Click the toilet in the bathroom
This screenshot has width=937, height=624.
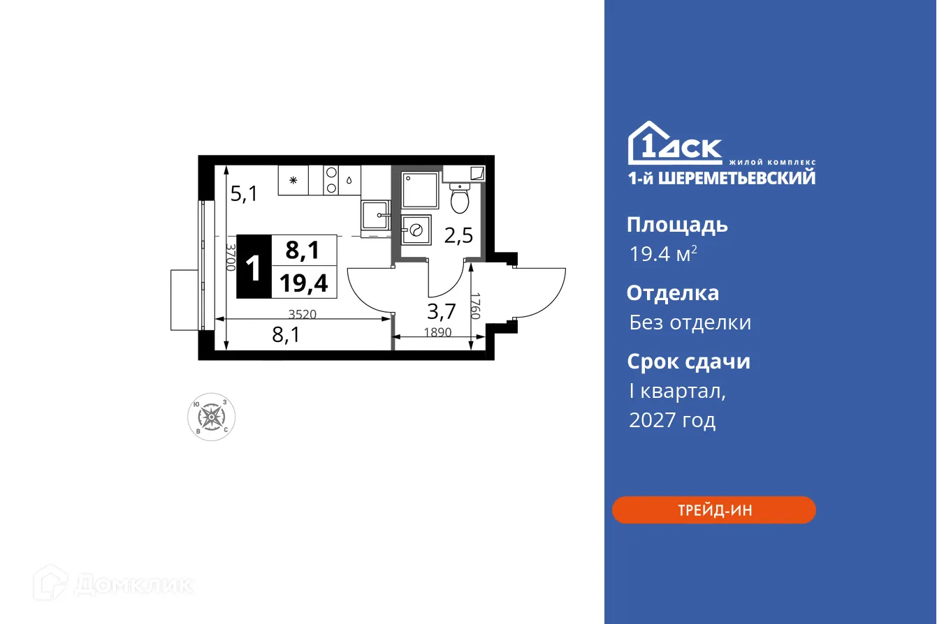pos(459,200)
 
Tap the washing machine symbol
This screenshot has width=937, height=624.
pos(416,229)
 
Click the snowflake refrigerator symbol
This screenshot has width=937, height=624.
pos(293,180)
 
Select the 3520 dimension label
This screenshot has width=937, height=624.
pos(302,314)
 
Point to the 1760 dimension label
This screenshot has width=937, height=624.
pos(476,306)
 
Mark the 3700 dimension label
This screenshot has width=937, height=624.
pos(230,257)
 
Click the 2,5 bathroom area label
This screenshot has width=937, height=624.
pos(458,235)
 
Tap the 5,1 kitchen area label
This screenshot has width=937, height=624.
pos(244,193)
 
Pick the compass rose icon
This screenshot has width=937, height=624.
pos(212,417)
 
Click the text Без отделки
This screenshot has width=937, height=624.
pos(690,322)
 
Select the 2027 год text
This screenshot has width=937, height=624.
pos(671,420)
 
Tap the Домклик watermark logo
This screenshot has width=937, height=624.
pos(114,584)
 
